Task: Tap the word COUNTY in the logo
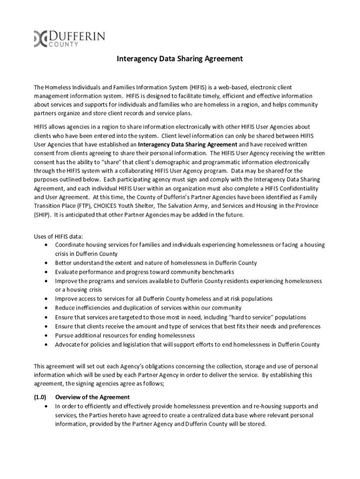(x=64, y=44)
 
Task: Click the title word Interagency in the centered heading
(x=136, y=59)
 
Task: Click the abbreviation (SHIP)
(x=43, y=215)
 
